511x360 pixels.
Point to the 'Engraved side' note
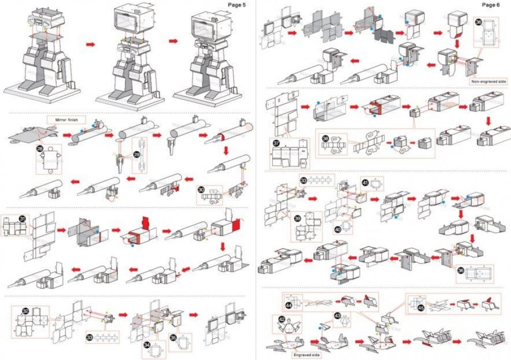pyautogui.click(x=307, y=353)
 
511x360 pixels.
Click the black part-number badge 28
pyautogui.click(x=40, y=148)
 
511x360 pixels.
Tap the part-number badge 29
pyautogui.click(x=136, y=154)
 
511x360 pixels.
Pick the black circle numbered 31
pyautogui.click(x=22, y=219)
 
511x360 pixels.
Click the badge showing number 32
pyautogui.click(x=26, y=310)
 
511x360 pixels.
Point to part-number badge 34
pyautogui.click(x=147, y=345)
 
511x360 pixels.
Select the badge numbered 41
pyautogui.click(x=365, y=182)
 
